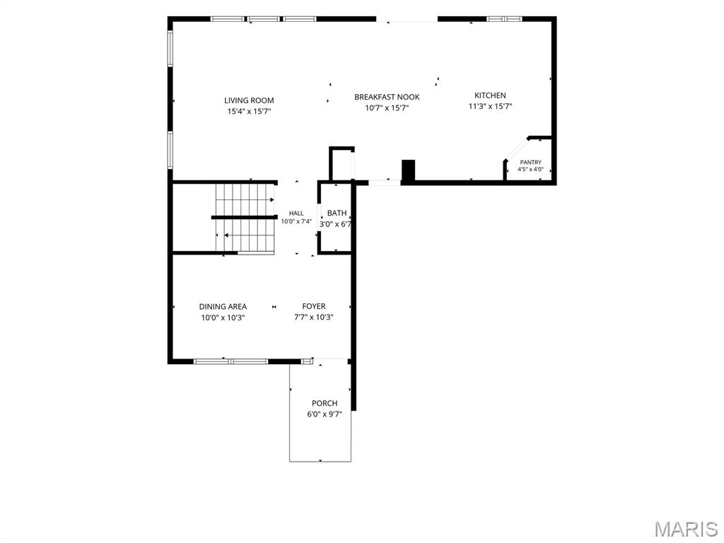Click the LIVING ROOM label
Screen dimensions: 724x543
pyautogui.click(x=249, y=100)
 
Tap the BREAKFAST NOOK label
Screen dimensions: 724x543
pyautogui.click(x=387, y=97)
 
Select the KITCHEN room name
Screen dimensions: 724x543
pyautogui.click(x=491, y=95)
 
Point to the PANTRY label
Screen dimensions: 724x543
pyautogui.click(x=530, y=163)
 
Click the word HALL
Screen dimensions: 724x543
pyautogui.click(x=296, y=214)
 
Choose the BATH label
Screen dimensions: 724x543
pyautogui.click(x=337, y=213)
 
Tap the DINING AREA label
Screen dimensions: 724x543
pyautogui.click(x=223, y=307)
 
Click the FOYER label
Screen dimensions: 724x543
pyautogui.click(x=314, y=306)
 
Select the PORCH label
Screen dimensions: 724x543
pyautogui.click(x=325, y=403)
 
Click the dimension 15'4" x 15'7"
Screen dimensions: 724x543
pyautogui.click(x=249, y=111)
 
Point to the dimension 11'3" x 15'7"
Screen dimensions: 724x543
pyautogui.click(x=491, y=106)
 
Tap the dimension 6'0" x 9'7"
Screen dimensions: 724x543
pyautogui.click(x=325, y=414)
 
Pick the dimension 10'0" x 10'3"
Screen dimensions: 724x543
pyautogui.click(x=223, y=317)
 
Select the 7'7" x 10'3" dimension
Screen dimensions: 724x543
pyautogui.click(x=314, y=317)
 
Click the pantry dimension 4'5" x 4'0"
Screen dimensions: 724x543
pyautogui.click(x=530, y=170)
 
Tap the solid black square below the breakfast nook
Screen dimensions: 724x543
pyautogui.click(x=409, y=170)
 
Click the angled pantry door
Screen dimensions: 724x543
pyautogui.click(x=517, y=149)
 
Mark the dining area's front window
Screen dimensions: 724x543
pyautogui.click(x=231, y=361)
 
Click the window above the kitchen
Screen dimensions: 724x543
pyautogui.click(x=505, y=19)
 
